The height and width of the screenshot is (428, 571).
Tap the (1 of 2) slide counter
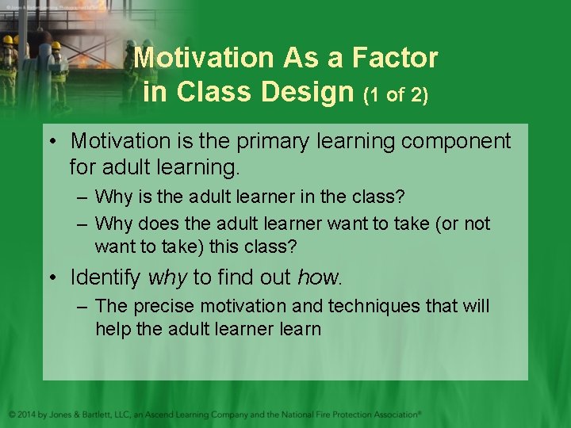[395, 94]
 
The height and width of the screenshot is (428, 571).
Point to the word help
[113, 329]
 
